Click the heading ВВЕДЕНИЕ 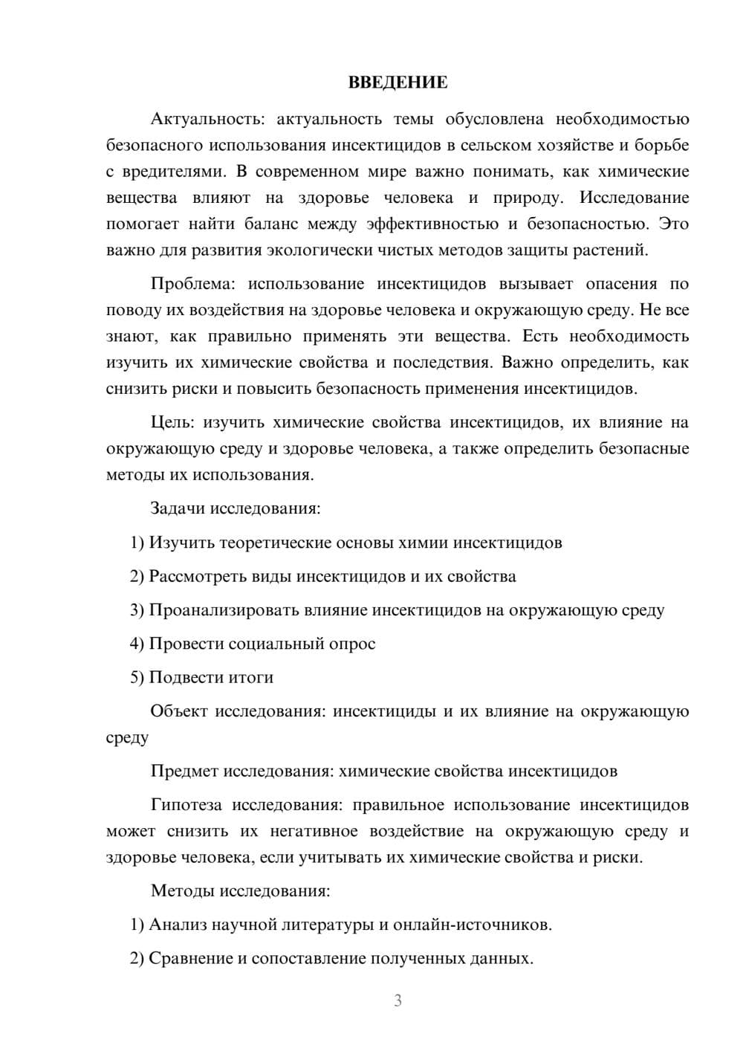(x=398, y=83)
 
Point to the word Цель (x=172, y=423)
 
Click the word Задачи (x=178, y=509)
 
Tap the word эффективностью (x=433, y=224)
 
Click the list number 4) (x=137, y=644)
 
